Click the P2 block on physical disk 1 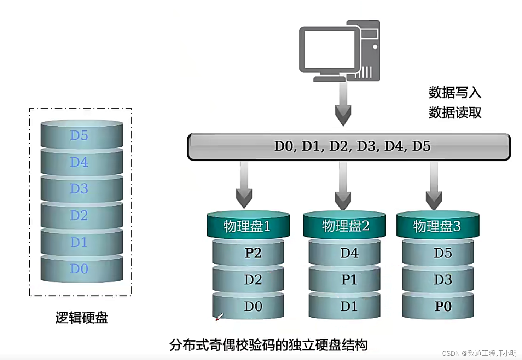coord(249,252)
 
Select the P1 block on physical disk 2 coord(345,279)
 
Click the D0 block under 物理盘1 coord(249,306)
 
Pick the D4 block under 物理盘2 coord(345,252)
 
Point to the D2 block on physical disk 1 coord(249,279)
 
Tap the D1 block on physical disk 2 coord(345,306)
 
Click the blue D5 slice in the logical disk coord(81,135)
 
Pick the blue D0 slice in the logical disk coord(81,269)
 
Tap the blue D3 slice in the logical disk coord(81,189)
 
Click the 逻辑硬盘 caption coord(82,318)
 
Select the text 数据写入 coord(455,92)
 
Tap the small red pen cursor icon coord(219,317)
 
